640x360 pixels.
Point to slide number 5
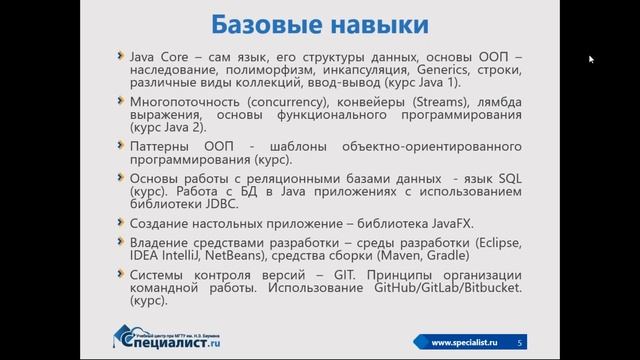520,343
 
